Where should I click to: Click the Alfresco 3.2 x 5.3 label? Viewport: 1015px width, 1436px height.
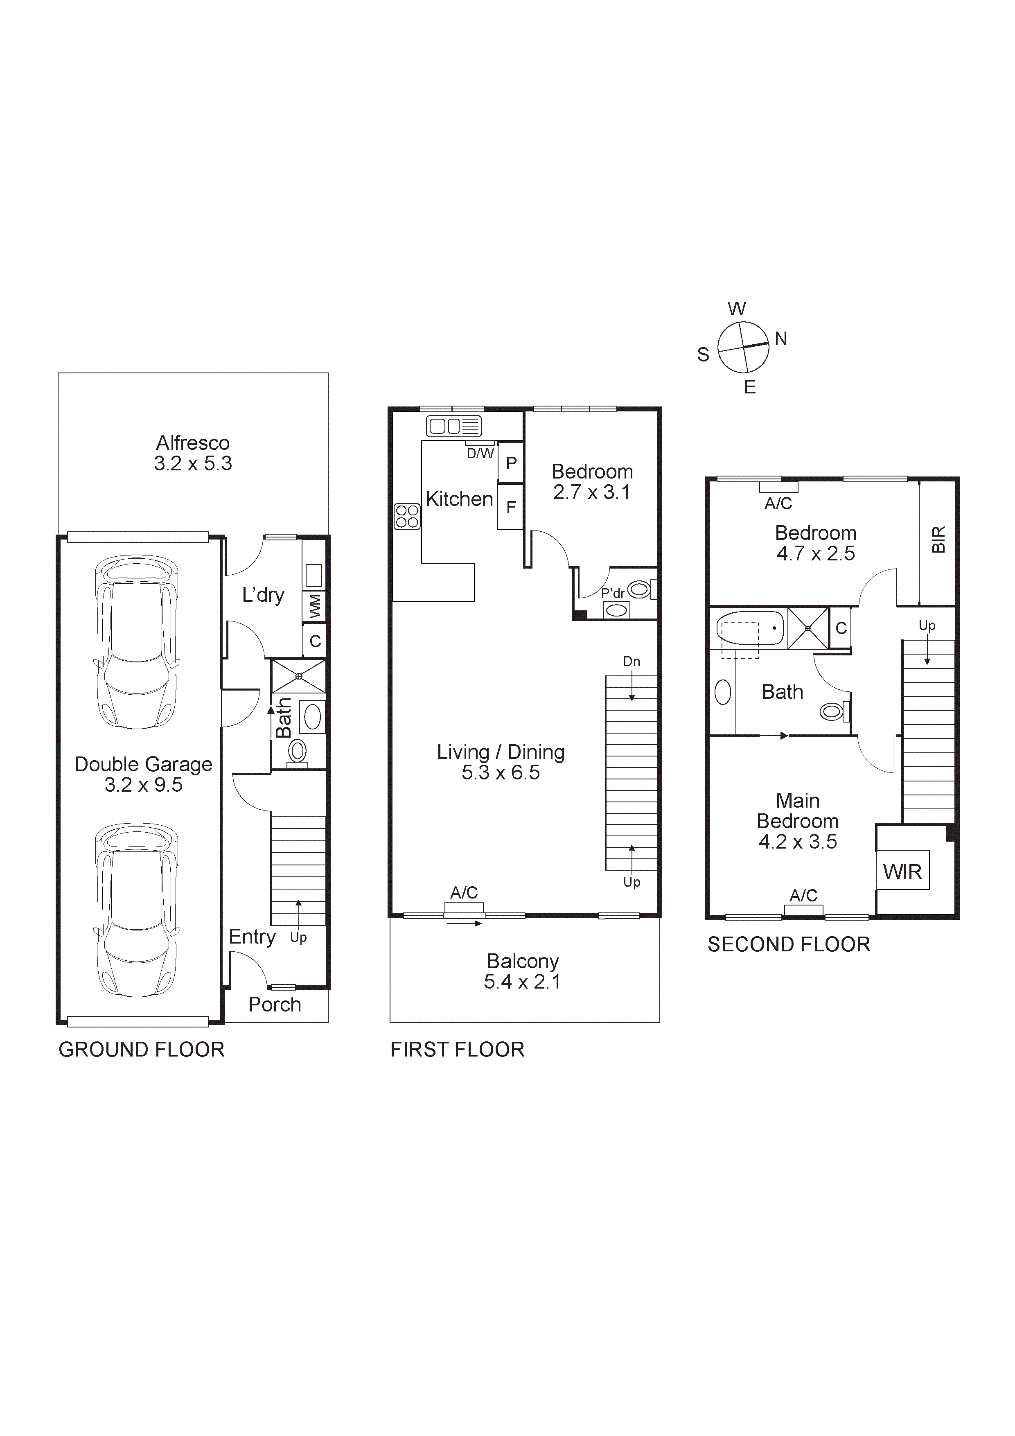tap(193, 453)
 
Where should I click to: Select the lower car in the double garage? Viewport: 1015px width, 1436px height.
tap(136, 910)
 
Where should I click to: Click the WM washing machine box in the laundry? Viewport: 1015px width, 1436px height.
tap(315, 605)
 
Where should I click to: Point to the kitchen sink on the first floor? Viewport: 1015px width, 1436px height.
tap(454, 426)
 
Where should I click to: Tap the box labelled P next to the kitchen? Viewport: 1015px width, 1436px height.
tap(511, 463)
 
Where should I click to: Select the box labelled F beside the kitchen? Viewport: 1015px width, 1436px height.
tap(511, 507)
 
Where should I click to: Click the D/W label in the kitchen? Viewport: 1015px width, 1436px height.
tap(480, 454)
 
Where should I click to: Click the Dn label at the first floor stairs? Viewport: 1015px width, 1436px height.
tap(632, 661)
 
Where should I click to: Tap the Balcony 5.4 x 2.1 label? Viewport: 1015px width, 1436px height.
tap(523, 971)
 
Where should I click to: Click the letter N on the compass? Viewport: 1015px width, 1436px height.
tap(780, 339)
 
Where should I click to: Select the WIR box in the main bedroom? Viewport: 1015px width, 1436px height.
tap(902, 871)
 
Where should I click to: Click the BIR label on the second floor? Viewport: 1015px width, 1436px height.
tap(938, 539)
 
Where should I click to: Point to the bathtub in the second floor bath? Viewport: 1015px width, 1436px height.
tap(750, 628)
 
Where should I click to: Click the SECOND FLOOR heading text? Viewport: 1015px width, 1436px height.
tap(789, 944)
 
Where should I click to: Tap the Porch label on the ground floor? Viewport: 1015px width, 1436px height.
tap(275, 1005)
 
